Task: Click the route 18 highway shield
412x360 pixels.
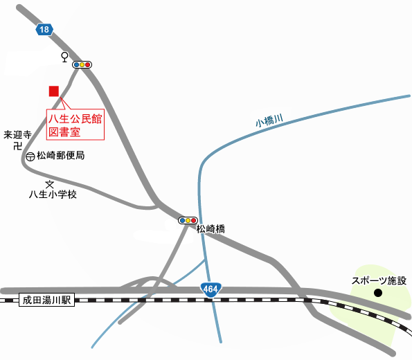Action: click(44, 29)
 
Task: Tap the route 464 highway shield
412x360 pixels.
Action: click(210, 289)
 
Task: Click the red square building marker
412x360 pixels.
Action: click(53, 91)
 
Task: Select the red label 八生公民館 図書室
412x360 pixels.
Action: click(75, 125)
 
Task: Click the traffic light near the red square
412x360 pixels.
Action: click(82, 64)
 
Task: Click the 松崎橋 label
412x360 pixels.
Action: click(211, 228)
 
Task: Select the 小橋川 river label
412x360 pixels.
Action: click(269, 121)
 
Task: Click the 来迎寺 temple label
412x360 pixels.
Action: click(18, 135)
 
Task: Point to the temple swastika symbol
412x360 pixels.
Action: click(18, 146)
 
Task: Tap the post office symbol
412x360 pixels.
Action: click(30, 157)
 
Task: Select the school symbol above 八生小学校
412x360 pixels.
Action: click(49, 184)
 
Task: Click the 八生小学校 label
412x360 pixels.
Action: click(52, 195)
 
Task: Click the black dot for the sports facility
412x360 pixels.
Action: click(378, 293)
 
